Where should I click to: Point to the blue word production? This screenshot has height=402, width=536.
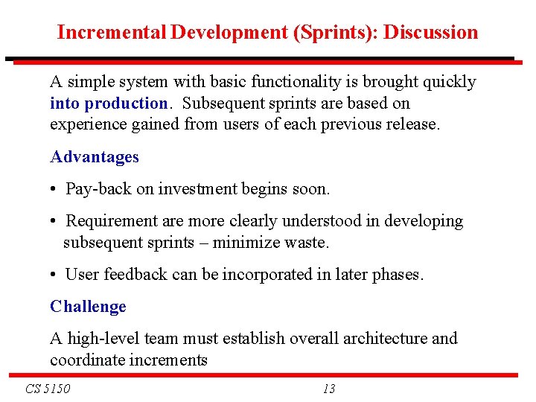pyautogui.click(x=127, y=103)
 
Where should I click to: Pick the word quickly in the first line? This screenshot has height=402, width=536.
pyautogui.click(x=448, y=82)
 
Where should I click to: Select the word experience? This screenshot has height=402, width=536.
pyautogui.click(x=87, y=124)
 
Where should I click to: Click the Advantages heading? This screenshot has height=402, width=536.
pyautogui.click(x=95, y=157)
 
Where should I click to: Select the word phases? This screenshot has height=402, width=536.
pyautogui.click(x=399, y=275)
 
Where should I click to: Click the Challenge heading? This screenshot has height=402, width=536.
pyautogui.click(x=88, y=307)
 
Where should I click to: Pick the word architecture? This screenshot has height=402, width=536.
pyautogui.click(x=385, y=339)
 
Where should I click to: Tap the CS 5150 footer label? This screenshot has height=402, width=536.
pyautogui.click(x=48, y=389)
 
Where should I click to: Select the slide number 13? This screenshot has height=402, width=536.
pyautogui.click(x=329, y=389)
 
